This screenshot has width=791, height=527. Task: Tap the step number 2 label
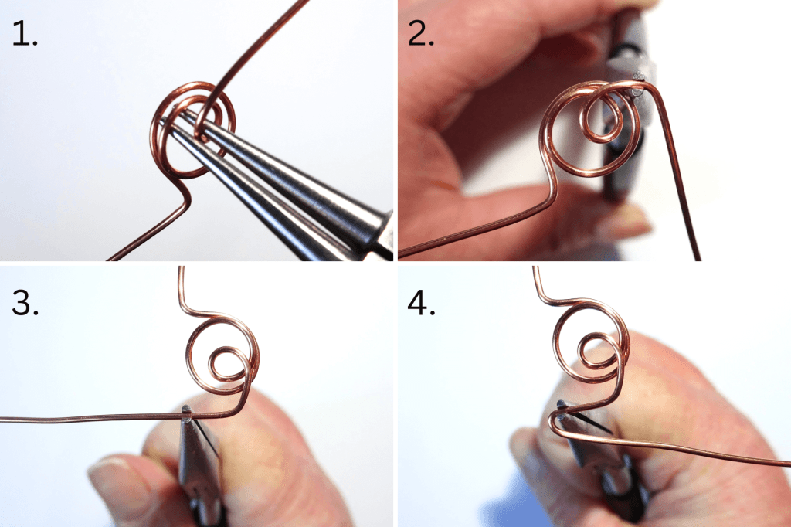(422, 34)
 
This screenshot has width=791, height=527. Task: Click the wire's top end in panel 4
(535, 270)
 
